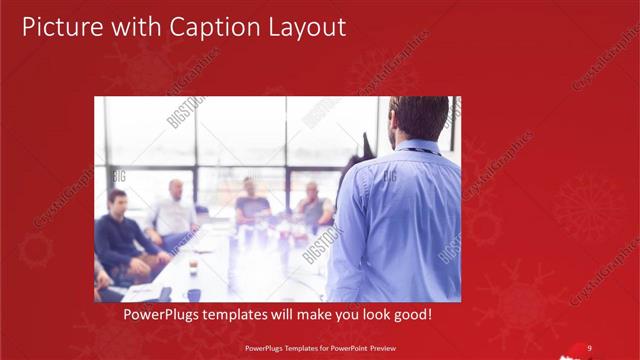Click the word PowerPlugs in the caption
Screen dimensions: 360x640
click(x=162, y=315)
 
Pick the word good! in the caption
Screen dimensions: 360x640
click(x=410, y=315)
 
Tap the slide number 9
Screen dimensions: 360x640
click(x=590, y=348)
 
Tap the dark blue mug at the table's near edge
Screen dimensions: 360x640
click(x=194, y=294)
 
